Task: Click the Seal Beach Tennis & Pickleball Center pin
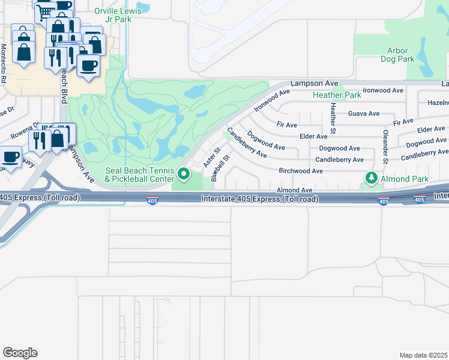[184, 175]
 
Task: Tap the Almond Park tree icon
[372, 178]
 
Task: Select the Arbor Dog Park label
[397, 55]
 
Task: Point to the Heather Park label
[337, 95]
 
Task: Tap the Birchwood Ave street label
[301, 171]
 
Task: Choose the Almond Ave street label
[295, 190]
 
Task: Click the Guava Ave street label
[364, 113]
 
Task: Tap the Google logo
[20, 353]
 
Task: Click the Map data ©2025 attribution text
[423, 355]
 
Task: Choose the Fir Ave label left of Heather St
[287, 125]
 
